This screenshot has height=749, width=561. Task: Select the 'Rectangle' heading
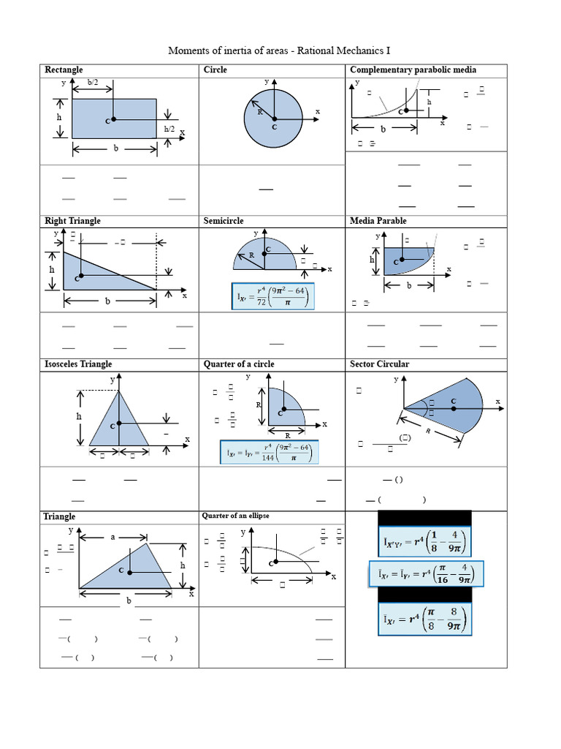pos(64,69)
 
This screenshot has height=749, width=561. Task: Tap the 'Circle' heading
pos(215,69)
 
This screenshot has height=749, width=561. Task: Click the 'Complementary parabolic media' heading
pos(413,69)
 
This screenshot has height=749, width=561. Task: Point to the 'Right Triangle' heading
pos(72,221)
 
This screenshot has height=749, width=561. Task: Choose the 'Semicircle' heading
pos(224,221)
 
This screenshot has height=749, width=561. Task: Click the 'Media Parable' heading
pos(378,221)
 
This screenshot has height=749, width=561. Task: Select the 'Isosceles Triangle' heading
pos(78,364)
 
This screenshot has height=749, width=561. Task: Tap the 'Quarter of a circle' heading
pos(239,364)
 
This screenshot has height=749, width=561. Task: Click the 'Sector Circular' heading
pos(380,364)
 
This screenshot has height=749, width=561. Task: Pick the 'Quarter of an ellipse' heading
pos(236,516)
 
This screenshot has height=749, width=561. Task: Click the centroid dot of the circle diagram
pos(274,118)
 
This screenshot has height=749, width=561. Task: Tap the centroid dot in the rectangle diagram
pos(114,119)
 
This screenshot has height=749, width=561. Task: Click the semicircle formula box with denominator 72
pos(273,296)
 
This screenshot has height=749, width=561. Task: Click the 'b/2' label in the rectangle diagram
pos(94,83)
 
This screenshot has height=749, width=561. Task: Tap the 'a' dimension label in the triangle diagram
pos(113,536)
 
